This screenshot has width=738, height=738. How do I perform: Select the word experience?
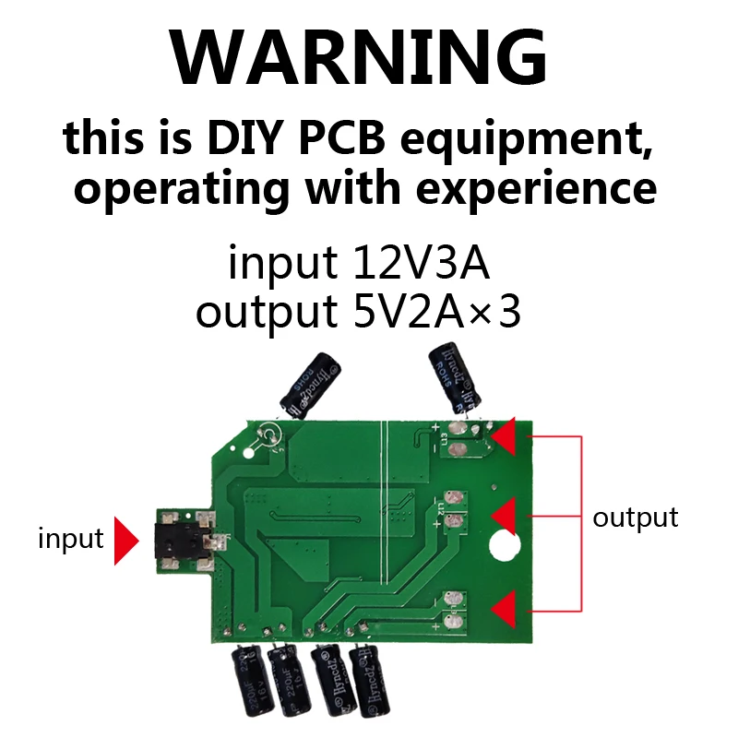(x=536, y=188)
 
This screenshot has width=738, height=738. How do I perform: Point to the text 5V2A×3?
(x=437, y=313)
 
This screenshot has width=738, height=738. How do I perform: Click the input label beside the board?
(x=70, y=538)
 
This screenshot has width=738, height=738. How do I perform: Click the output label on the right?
(x=635, y=518)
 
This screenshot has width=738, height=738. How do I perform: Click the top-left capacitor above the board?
(x=312, y=382)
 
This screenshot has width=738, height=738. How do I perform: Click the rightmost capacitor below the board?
(x=366, y=683)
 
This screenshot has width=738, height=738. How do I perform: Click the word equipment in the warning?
(x=529, y=140)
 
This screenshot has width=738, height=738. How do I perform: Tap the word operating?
(x=184, y=188)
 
